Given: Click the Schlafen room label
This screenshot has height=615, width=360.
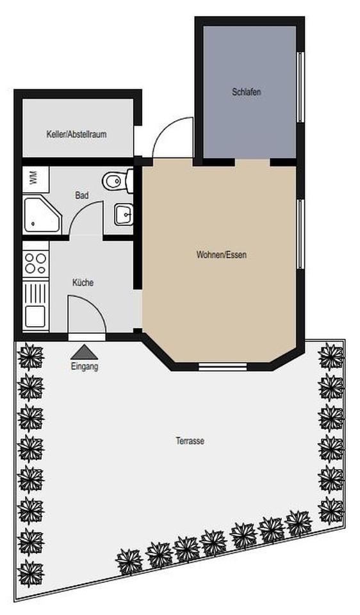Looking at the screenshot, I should tap(247, 92).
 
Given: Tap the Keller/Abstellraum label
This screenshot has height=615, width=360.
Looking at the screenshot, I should tap(76, 135).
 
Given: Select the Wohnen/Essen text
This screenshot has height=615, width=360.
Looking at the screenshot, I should tap(221, 254).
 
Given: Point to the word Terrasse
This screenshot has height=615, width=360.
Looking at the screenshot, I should tap(190, 441).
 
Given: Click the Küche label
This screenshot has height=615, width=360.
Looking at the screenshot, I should tap(83, 282).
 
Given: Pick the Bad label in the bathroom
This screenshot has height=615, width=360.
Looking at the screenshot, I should tap(81, 195).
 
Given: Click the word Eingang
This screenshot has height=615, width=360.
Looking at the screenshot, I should tap(85, 367).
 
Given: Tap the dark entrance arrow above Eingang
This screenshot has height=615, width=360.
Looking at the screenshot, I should tap(85, 352).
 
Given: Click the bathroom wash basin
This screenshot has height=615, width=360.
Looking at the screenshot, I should tap(123, 214).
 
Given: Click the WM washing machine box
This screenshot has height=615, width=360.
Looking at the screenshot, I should tap(33, 177).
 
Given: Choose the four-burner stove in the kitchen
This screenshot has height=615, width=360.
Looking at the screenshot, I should tap(35, 263).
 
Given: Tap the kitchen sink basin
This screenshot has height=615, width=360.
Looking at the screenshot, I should tap(35, 316).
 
